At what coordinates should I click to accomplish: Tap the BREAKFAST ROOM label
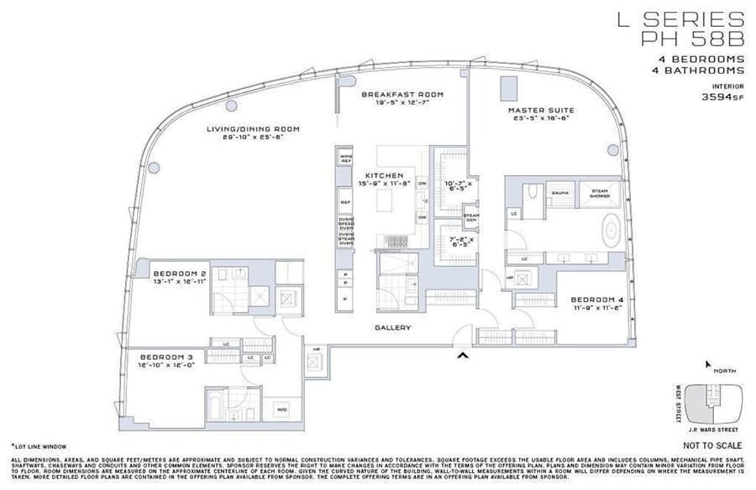click(x=403, y=94)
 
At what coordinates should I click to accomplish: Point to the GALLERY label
click(x=393, y=328)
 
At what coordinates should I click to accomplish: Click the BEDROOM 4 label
click(x=597, y=300)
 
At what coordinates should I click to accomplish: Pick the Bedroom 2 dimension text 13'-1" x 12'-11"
click(x=178, y=281)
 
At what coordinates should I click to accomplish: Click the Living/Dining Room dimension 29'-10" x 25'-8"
click(x=253, y=137)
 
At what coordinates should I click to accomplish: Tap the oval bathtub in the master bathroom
click(x=610, y=230)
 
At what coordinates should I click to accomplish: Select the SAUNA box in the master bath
click(x=559, y=193)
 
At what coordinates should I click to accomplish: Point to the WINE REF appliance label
click(x=345, y=159)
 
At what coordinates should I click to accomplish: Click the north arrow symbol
click(x=708, y=364)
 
